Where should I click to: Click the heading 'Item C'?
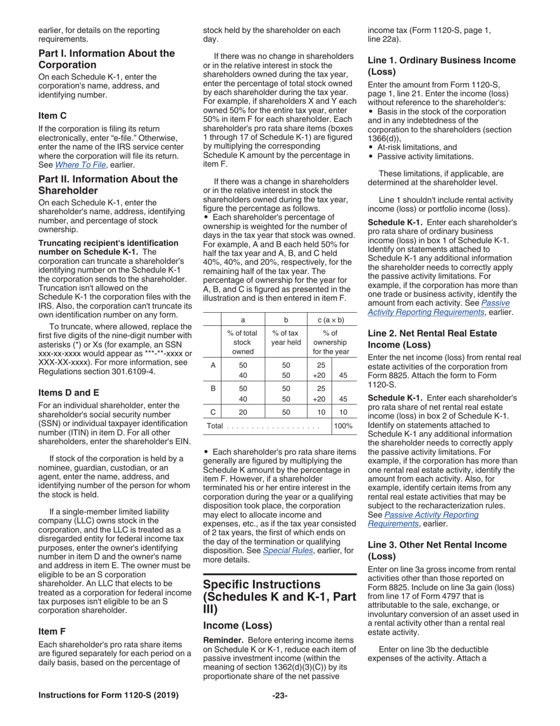(x=52, y=116)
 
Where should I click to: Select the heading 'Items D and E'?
(x=68, y=393)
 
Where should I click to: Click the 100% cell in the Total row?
(x=343, y=426)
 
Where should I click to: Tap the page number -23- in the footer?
(x=279, y=695)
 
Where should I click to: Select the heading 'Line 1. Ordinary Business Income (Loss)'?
(x=442, y=66)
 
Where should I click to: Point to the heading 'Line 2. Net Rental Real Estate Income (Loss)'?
(x=432, y=338)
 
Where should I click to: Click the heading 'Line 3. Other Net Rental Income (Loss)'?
(x=437, y=550)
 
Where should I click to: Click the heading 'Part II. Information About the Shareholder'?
(x=108, y=185)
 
